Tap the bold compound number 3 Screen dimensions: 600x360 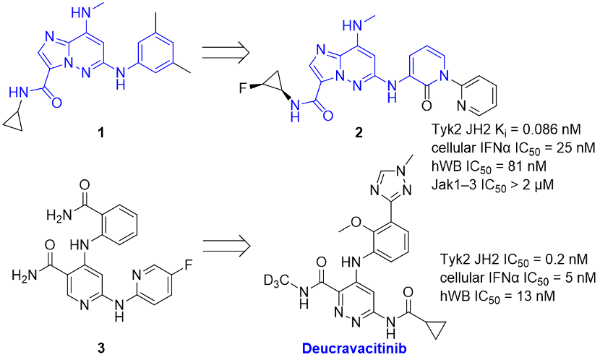click(x=101, y=348)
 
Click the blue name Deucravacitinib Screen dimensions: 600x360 click(x=354, y=348)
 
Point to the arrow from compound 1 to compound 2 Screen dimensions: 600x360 click(x=226, y=52)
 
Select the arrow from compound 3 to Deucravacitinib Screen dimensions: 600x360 click(x=226, y=245)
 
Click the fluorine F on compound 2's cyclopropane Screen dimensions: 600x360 click(x=243, y=88)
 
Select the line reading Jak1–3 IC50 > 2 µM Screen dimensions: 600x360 click(x=492, y=185)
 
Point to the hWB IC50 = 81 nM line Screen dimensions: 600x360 click(x=489, y=166)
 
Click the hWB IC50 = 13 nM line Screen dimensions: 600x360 click(x=497, y=296)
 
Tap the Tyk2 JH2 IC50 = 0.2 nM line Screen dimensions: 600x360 click(x=513, y=260)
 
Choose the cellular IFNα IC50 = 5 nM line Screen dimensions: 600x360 click(x=518, y=278)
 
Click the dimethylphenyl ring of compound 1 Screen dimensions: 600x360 click(x=155, y=53)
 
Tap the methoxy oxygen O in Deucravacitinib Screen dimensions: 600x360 click(x=356, y=222)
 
